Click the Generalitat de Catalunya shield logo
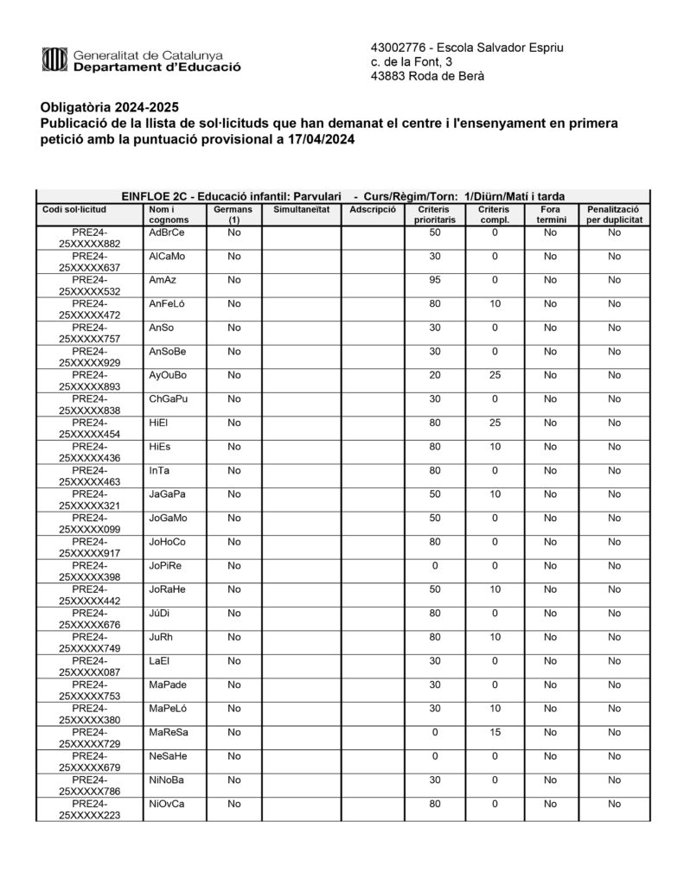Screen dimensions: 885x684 [x=54, y=59]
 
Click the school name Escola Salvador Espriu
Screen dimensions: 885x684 [x=501, y=47]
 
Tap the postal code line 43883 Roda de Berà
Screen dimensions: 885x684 [x=427, y=76]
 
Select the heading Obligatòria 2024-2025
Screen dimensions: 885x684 [x=109, y=107]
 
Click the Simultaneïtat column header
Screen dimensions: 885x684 [x=301, y=209]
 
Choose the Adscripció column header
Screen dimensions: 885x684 [x=373, y=209]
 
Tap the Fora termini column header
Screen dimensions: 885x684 [x=551, y=214]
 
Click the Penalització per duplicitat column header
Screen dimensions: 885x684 [x=613, y=214]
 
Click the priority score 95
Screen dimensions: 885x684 [x=435, y=280]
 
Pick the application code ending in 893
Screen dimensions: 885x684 [x=90, y=381]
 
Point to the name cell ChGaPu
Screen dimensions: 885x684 [x=168, y=399]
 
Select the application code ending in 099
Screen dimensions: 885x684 [x=90, y=524]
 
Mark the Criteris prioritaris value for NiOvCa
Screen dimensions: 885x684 [x=435, y=804]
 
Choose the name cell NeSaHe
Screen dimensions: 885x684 [x=168, y=756]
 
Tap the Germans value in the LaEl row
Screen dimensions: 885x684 [x=233, y=661]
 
